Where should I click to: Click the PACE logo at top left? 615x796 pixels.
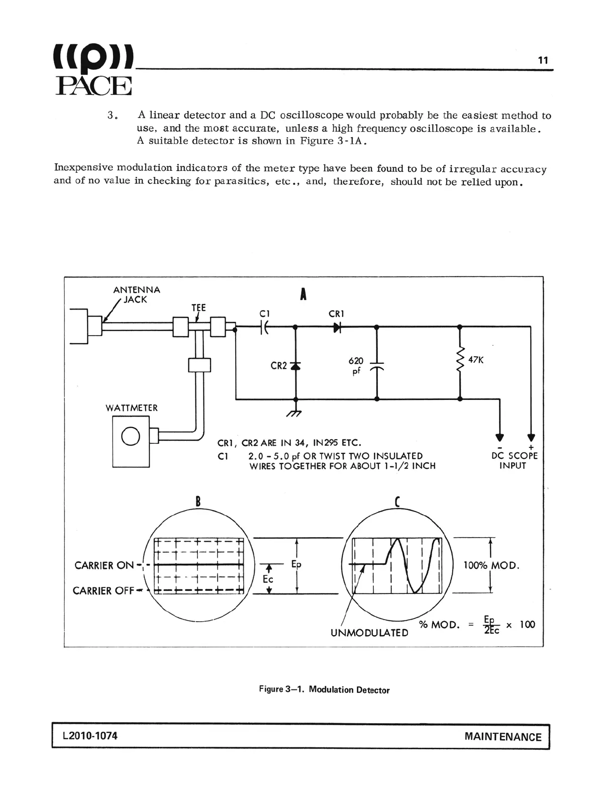coord(93,70)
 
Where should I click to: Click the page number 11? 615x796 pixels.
coord(543,60)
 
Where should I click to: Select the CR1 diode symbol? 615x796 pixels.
coord(337,327)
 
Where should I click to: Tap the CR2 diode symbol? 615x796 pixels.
coord(295,366)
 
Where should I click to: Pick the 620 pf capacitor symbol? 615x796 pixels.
coord(377,365)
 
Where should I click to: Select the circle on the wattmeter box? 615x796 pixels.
coord(131,436)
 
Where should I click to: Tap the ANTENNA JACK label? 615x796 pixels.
coord(136,294)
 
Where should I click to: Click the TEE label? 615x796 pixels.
coord(198,308)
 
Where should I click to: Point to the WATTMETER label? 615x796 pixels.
coord(132,408)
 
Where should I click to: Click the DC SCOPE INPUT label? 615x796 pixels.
coord(514,460)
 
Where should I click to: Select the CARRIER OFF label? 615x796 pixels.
coord(104,590)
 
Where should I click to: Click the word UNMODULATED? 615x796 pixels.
coord(369,633)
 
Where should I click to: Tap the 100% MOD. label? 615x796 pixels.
coord(491,565)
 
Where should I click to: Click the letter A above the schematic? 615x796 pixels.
coord(303,294)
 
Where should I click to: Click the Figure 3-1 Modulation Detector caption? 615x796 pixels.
coord(324,689)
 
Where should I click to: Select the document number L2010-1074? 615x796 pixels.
coord(90,736)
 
